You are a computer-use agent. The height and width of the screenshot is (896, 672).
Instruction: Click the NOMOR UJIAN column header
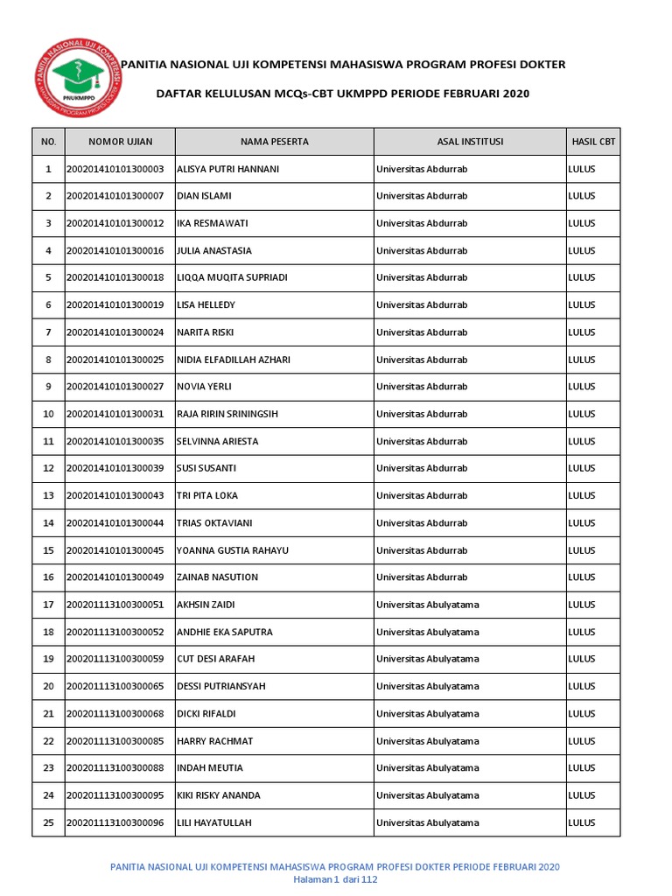(x=120, y=142)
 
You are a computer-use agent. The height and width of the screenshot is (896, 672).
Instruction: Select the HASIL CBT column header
(x=592, y=142)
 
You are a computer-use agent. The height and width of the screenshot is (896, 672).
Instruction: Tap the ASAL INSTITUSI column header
(x=470, y=142)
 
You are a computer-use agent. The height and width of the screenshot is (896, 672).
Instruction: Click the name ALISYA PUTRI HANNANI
(x=227, y=169)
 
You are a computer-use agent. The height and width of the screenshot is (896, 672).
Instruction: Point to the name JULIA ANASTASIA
(x=214, y=250)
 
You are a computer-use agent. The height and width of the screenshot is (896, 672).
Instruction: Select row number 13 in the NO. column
(x=48, y=495)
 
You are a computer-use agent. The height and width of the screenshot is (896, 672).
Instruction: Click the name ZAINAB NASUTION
(x=218, y=577)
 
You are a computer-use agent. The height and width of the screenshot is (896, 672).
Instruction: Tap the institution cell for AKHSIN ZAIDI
(x=427, y=605)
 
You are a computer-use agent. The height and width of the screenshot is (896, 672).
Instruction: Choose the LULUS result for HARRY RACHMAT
(x=582, y=741)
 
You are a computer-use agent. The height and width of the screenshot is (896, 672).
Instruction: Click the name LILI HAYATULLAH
(x=219, y=822)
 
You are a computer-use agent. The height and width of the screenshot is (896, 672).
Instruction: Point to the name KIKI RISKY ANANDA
(x=219, y=795)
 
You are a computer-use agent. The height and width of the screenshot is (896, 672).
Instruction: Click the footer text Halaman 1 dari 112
(x=335, y=879)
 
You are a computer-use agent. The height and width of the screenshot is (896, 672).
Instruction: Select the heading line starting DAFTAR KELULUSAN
(x=342, y=94)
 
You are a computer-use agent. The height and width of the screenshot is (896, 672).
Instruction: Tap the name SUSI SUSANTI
(x=206, y=468)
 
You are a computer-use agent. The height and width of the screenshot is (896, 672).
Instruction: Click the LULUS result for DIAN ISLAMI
(x=582, y=196)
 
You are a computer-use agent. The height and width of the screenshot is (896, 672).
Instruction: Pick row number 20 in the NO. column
(x=48, y=686)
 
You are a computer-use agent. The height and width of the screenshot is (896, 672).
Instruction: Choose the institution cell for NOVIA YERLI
(x=422, y=387)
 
